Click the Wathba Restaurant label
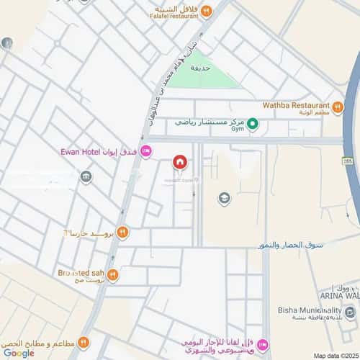296,104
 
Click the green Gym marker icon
253,124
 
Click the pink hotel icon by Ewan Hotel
146,150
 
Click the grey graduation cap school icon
224,197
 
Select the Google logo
19,353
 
